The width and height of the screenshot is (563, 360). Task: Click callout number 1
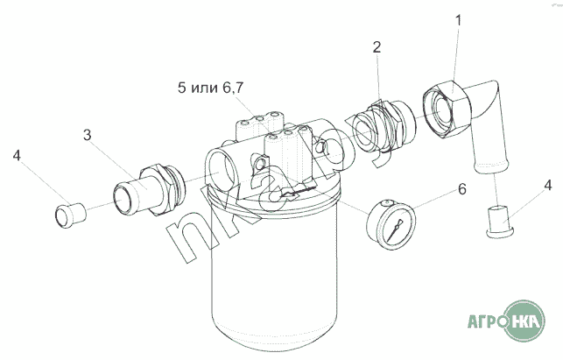[x=458, y=20]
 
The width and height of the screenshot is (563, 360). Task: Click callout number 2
[x=377, y=47]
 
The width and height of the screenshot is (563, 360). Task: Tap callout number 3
[x=88, y=135]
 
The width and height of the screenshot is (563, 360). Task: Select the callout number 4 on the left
[x=17, y=156]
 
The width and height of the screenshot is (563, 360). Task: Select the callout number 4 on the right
[x=547, y=186]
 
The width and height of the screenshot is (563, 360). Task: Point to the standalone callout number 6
[x=461, y=189]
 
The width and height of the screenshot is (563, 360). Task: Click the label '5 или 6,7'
[x=210, y=88]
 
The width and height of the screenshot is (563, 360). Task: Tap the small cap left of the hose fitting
[x=70, y=215]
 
